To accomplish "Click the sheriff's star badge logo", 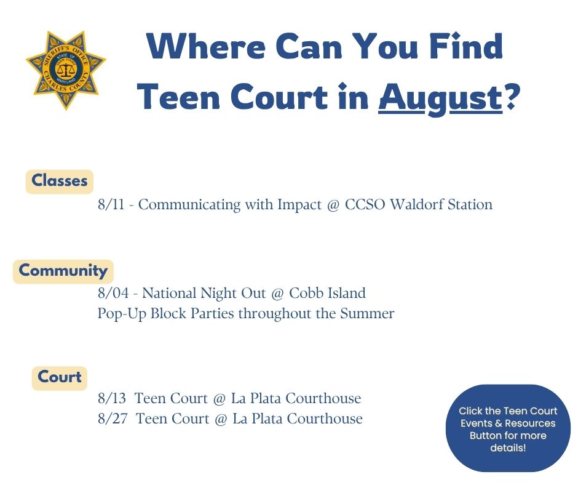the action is (x=66, y=70).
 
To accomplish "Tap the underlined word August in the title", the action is (x=440, y=98).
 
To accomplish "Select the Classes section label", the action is (x=60, y=181).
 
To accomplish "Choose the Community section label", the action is (x=63, y=271).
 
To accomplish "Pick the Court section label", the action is (x=60, y=378).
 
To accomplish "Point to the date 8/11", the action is (x=111, y=204).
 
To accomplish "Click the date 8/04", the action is (x=113, y=293).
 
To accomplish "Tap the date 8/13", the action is (x=112, y=398).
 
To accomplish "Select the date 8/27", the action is (x=113, y=419).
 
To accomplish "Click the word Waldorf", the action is (x=416, y=204).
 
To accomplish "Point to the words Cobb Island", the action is (x=327, y=293).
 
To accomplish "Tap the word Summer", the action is (x=367, y=313).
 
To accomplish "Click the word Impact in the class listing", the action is (x=299, y=205).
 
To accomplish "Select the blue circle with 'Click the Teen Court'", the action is (x=508, y=428).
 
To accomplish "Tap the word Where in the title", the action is (x=206, y=46).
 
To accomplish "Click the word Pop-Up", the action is (x=122, y=314).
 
